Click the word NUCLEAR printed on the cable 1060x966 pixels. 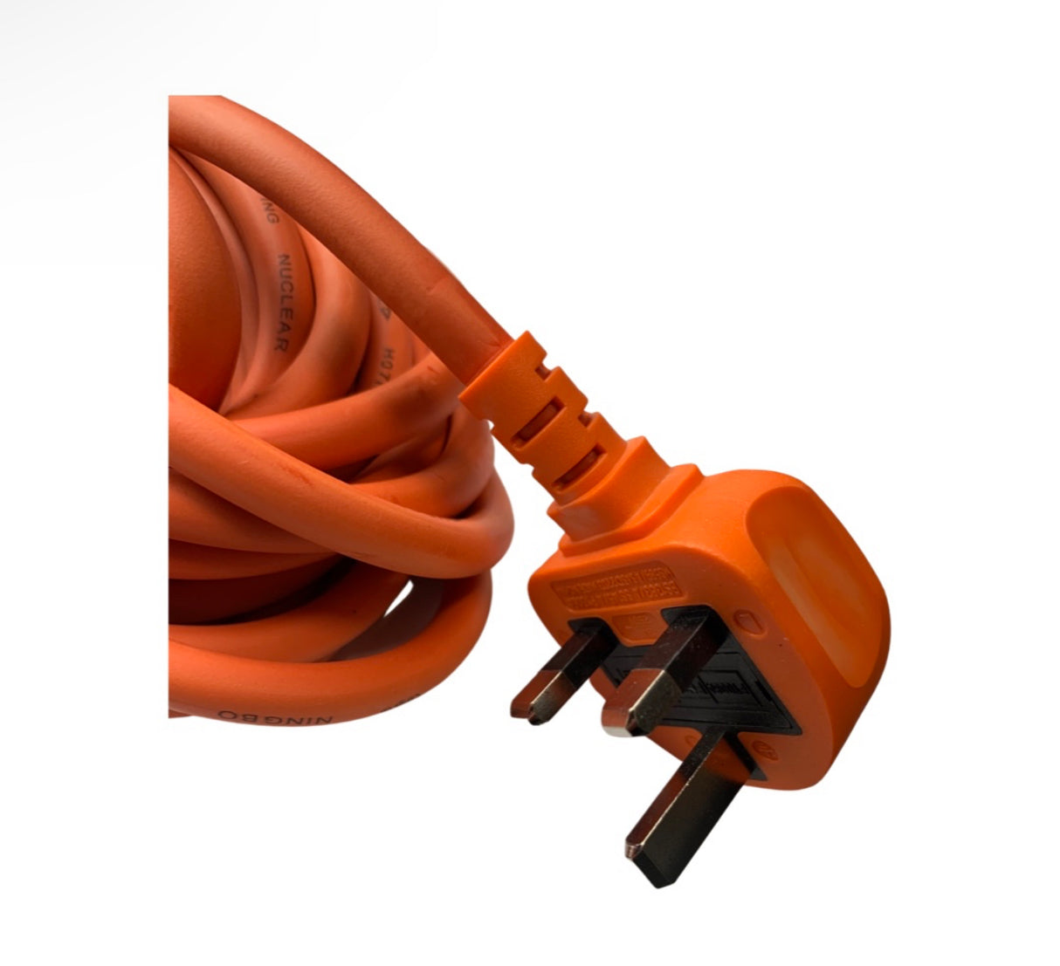283,302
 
